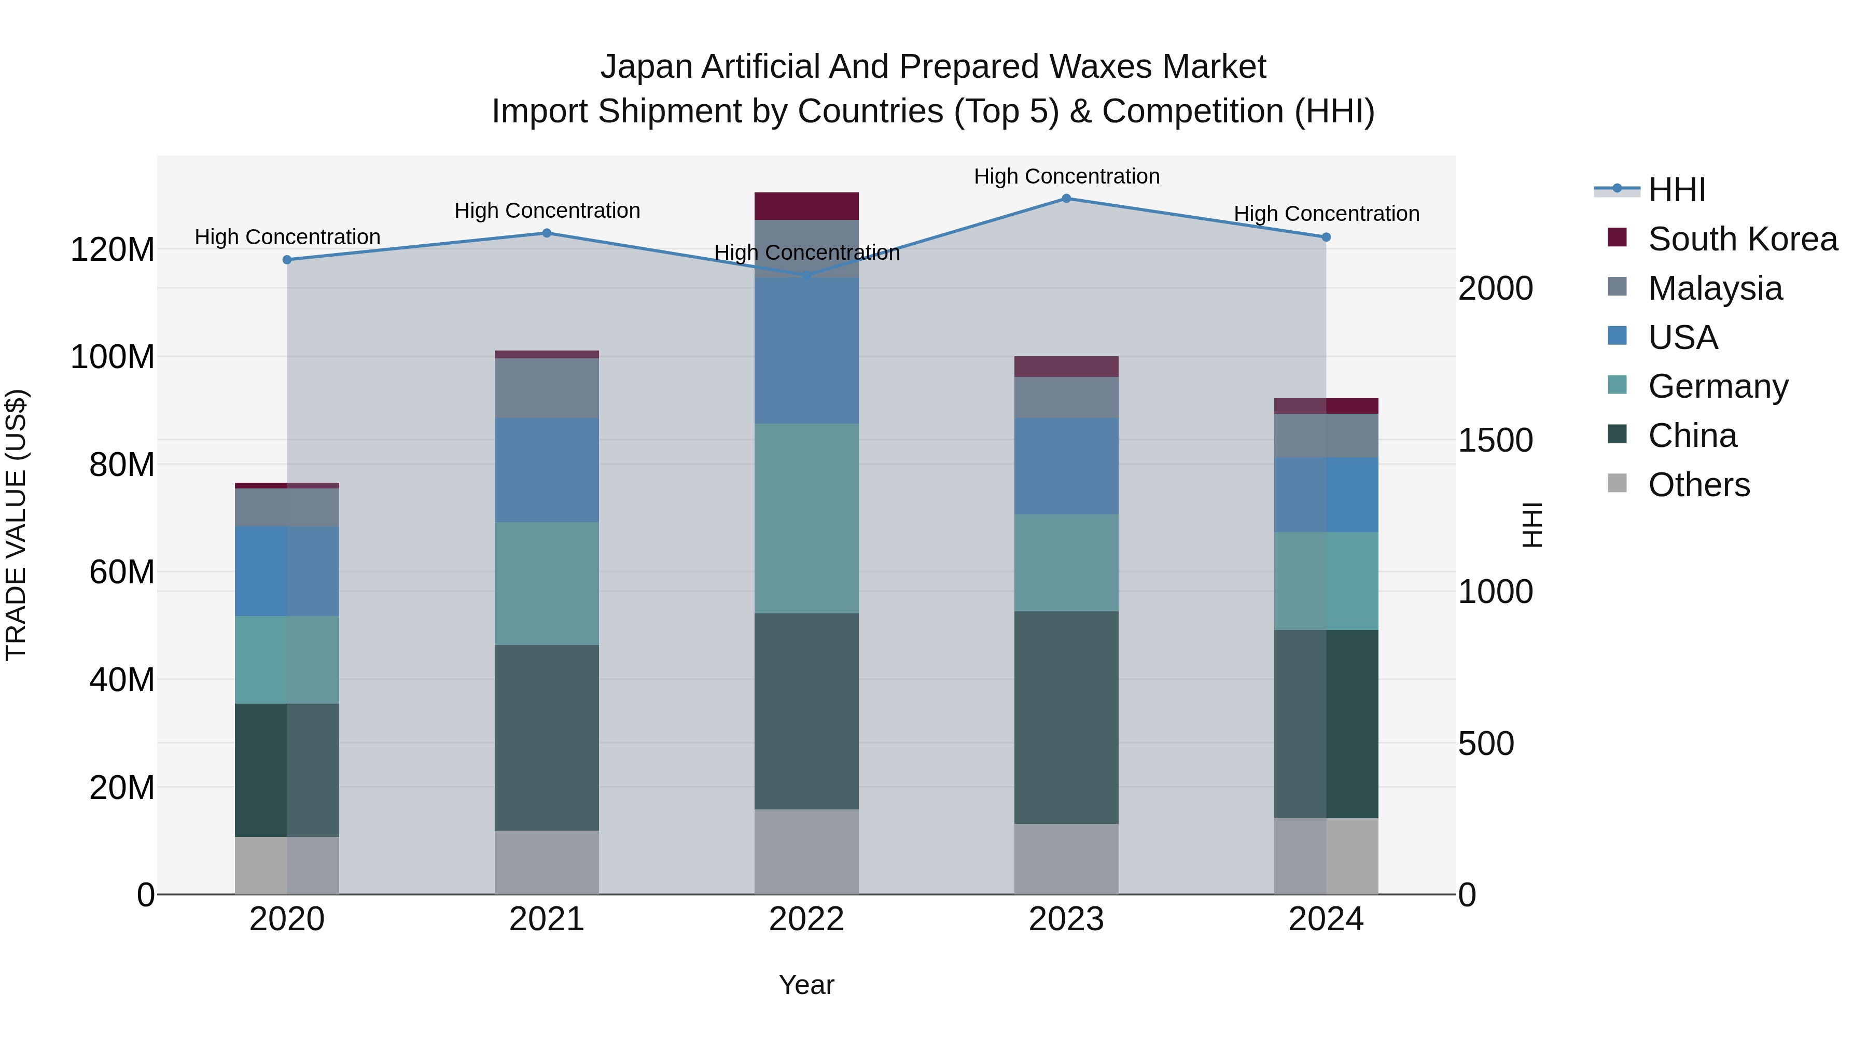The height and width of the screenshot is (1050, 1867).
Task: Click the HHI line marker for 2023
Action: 1066,199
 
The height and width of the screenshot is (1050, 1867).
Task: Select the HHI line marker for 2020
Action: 287,259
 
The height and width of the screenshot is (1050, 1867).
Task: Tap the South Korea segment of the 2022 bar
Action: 806,206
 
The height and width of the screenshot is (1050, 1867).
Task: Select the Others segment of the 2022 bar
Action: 806,851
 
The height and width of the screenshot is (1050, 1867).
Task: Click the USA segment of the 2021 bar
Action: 547,470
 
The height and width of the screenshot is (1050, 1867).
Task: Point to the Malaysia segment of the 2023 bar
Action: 1066,397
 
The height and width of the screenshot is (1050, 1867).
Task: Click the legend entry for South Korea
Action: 1743,239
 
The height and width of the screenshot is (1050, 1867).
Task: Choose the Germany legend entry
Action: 1718,386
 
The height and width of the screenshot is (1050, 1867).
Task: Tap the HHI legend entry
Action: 1676,190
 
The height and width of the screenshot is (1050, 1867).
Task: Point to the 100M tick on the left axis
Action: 113,357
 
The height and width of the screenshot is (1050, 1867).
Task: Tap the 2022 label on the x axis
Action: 806,919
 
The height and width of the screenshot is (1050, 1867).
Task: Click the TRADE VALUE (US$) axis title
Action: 16,525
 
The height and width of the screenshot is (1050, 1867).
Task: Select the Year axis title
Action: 806,985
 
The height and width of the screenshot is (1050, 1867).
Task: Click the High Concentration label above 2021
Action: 547,211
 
